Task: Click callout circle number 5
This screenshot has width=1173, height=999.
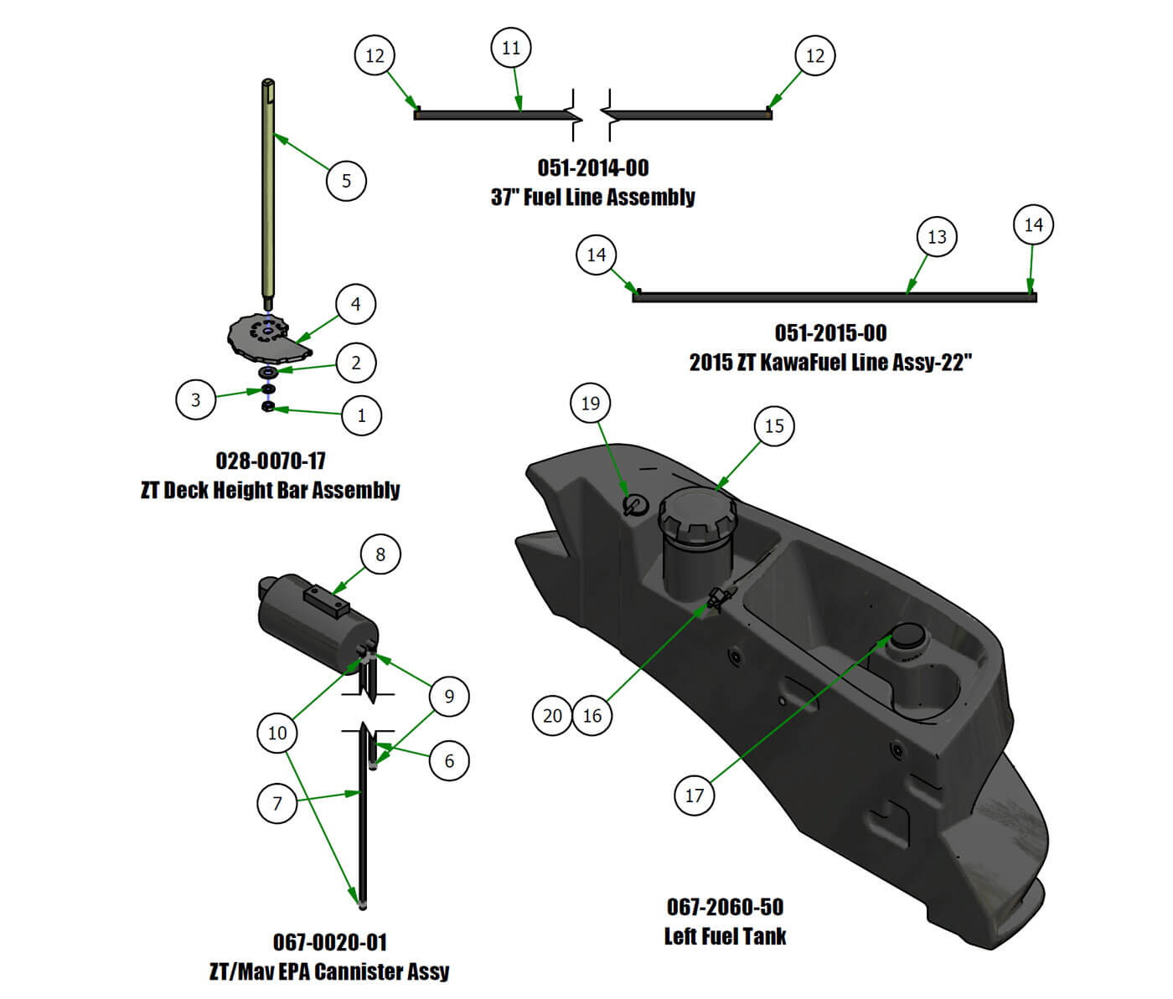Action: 346,181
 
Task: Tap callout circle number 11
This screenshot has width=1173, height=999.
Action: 511,48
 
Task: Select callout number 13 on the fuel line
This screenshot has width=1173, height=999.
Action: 937,237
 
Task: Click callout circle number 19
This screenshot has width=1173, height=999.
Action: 591,404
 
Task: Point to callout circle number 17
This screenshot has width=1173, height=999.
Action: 695,796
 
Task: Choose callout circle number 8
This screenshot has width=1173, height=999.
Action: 380,554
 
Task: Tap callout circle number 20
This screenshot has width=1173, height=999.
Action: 552,716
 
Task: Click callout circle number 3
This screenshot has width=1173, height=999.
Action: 196,399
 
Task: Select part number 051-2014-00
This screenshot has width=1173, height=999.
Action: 592,167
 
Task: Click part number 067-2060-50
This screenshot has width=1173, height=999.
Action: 725,907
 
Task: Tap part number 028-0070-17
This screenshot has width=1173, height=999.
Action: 271,461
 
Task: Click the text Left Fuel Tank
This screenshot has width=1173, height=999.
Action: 725,936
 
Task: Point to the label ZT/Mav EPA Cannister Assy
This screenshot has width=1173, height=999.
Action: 328,971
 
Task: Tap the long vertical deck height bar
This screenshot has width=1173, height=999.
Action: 268,193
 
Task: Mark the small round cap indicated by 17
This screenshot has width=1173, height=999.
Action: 907,638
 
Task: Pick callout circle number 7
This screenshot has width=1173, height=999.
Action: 277,804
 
